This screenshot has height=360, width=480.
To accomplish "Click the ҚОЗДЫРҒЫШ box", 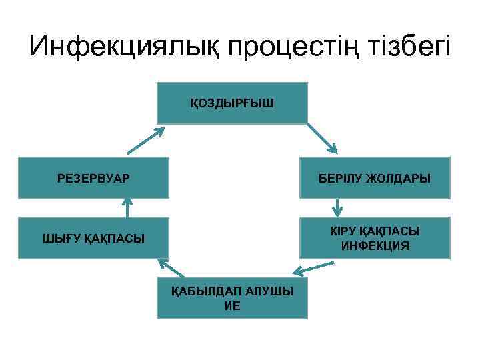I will (x=232, y=103).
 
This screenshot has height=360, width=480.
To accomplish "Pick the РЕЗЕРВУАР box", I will (x=94, y=178).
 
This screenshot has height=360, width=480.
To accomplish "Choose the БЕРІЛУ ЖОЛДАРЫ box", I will (x=375, y=178).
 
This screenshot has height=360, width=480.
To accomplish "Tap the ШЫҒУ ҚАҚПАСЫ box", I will (x=94, y=237).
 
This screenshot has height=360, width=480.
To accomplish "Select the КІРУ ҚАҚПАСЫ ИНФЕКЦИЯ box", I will (x=375, y=237).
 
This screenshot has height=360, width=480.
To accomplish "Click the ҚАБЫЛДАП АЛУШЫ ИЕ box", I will (x=232, y=297).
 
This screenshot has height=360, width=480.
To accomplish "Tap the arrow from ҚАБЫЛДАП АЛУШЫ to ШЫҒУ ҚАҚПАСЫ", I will (x=172, y=268).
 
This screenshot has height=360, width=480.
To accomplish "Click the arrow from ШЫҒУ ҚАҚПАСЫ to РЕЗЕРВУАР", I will (x=127, y=208).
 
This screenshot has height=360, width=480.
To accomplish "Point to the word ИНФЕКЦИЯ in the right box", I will (x=375, y=246).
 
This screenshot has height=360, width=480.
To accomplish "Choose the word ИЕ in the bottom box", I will (x=232, y=306).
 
